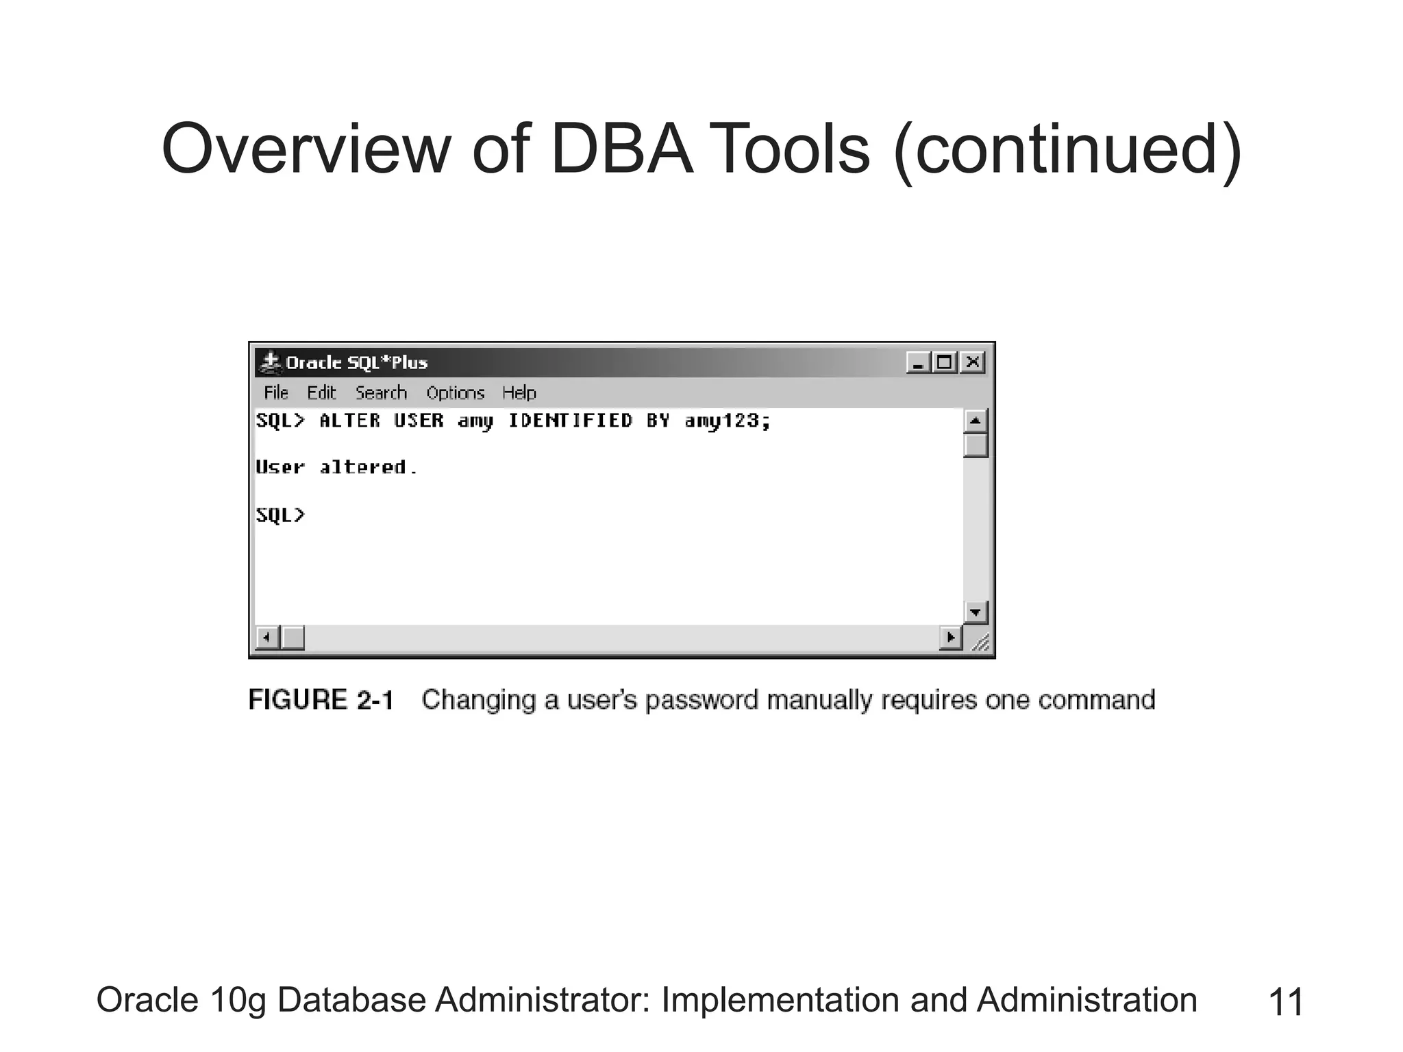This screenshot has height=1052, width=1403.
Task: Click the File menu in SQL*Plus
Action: point(276,393)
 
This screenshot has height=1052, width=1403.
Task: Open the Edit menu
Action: point(321,393)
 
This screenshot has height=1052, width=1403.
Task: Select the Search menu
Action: point(381,393)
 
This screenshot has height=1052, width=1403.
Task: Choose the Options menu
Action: point(455,393)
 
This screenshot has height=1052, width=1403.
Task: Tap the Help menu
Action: point(519,393)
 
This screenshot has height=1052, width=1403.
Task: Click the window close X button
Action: point(972,362)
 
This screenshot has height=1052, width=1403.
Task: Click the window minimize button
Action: point(918,362)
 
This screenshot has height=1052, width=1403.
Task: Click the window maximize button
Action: point(945,362)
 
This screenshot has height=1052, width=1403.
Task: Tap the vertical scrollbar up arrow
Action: point(975,421)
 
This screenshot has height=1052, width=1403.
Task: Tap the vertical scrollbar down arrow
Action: point(975,612)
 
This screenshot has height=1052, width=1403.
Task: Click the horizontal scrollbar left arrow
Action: point(267,638)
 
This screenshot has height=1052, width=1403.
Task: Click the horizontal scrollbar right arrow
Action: point(950,638)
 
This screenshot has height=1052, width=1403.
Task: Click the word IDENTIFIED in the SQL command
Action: point(570,421)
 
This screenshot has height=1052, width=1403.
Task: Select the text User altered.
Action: point(336,468)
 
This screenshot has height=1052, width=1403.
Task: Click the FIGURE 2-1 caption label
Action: point(321,700)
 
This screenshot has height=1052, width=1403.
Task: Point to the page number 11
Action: point(1286,1003)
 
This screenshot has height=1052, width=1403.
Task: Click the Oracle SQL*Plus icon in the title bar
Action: point(271,362)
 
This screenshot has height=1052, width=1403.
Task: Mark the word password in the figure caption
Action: point(701,701)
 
